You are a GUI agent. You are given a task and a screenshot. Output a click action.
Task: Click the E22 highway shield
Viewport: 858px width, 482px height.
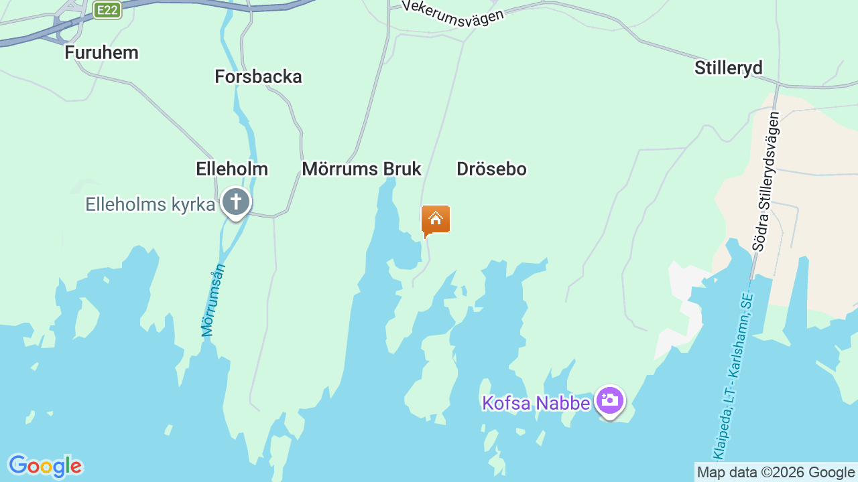[x=107, y=10]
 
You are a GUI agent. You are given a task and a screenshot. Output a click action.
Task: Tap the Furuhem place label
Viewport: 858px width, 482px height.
[x=101, y=52]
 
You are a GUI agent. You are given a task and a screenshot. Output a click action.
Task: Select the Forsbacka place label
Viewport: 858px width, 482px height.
[x=258, y=76]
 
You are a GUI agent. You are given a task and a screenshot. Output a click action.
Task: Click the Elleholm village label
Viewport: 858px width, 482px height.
[x=232, y=169]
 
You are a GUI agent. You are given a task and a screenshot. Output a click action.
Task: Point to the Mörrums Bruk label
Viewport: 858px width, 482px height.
[x=361, y=169]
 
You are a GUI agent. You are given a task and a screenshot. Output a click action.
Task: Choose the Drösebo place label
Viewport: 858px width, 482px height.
[x=491, y=169]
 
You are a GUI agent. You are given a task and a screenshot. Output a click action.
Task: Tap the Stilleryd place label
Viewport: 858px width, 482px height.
[x=729, y=68]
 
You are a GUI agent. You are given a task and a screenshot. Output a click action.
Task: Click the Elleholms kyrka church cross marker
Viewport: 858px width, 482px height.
[x=235, y=202]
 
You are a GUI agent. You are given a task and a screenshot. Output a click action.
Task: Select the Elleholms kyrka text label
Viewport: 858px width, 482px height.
[x=150, y=204]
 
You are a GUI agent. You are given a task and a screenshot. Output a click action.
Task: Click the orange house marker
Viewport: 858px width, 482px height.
[x=436, y=220]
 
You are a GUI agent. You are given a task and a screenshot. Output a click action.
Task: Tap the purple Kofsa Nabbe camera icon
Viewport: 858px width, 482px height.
[x=609, y=400]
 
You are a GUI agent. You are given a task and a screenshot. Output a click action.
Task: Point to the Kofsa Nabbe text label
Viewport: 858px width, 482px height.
[x=536, y=403]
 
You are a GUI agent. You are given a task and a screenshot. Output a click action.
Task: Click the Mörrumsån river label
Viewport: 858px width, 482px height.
[x=214, y=301]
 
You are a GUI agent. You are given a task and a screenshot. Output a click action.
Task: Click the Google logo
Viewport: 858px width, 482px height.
[x=45, y=466]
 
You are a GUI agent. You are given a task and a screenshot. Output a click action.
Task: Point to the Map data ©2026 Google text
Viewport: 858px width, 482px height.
[x=776, y=472]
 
